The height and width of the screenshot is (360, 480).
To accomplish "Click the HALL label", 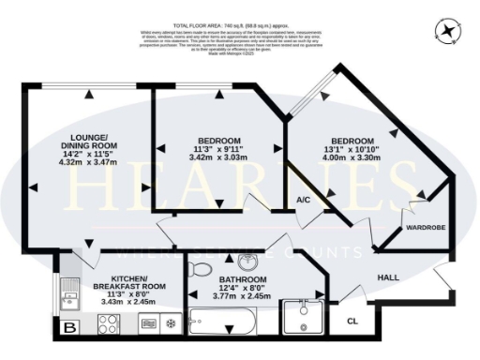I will click(x=390, y=278).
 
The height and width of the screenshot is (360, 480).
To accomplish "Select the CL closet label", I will click(x=351, y=321).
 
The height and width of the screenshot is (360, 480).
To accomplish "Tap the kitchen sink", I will click(x=68, y=299).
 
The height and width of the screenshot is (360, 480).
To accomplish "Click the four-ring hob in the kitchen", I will click(x=108, y=325).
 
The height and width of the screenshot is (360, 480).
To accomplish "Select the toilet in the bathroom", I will click(x=198, y=269).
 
